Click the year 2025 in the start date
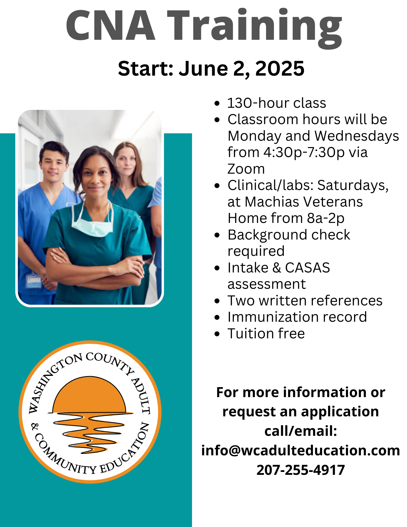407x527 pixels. (x=280, y=69)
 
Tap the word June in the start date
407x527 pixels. (x=203, y=69)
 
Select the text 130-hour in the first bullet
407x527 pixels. (x=255, y=103)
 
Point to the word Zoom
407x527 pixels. (x=246, y=169)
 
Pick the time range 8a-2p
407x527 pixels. (x=326, y=218)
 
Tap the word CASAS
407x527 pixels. (x=307, y=268)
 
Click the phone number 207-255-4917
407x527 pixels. (x=301, y=470)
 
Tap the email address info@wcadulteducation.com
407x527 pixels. (x=301, y=451)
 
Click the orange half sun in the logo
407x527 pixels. (x=89, y=395)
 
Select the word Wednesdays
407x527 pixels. (x=357, y=136)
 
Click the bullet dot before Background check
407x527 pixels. (x=217, y=235)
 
